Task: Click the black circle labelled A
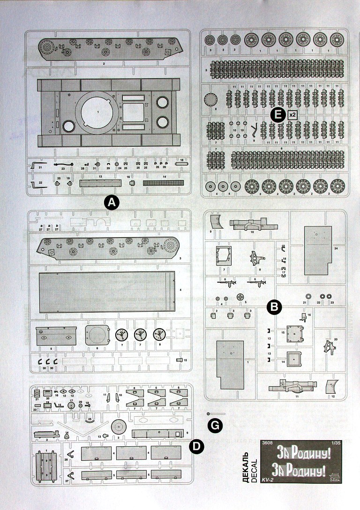(111, 202)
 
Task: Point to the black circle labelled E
(278, 114)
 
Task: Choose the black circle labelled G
(214, 425)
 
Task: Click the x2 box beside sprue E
(292, 114)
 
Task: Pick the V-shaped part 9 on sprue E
(254, 130)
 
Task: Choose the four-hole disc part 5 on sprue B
(241, 297)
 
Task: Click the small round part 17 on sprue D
(72, 405)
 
